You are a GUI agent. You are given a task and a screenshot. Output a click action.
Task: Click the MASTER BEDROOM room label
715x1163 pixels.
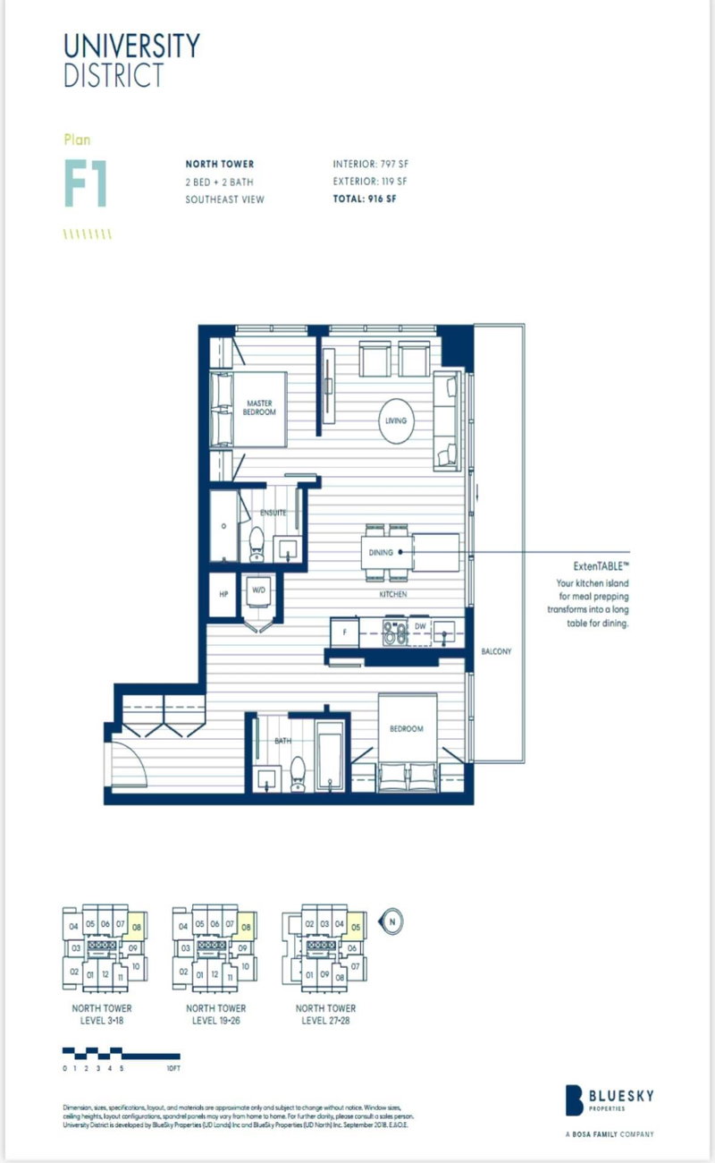click(x=260, y=408)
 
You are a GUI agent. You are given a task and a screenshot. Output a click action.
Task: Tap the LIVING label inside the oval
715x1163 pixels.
click(x=396, y=420)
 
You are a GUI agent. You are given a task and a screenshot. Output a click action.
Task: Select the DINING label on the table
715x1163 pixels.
click(x=381, y=552)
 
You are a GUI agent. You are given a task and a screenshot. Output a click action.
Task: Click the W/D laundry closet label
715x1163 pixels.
click(x=257, y=590)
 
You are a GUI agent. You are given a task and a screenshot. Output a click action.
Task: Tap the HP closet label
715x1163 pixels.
click(x=224, y=591)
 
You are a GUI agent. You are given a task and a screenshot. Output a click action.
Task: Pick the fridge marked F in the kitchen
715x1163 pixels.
click(x=344, y=630)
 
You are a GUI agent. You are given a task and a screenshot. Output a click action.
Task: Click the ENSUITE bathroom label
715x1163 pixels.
click(x=273, y=513)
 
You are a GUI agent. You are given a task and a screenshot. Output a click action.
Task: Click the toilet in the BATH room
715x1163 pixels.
click(x=297, y=775)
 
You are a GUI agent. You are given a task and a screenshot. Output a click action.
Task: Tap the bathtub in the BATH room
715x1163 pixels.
click(x=330, y=756)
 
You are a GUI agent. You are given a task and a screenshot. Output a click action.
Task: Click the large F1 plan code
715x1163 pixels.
click(x=86, y=183)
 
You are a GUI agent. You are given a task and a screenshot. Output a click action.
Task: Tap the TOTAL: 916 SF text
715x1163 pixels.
click(x=365, y=199)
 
